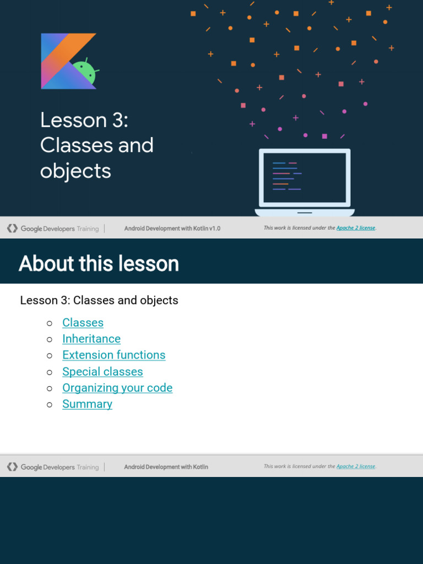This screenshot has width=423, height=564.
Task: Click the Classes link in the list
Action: pyautogui.click(x=83, y=323)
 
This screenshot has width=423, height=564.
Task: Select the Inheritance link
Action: pyautogui.click(x=91, y=339)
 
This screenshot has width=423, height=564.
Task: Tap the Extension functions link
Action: pyautogui.click(x=113, y=355)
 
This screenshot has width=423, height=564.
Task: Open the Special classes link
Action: pyautogui.click(x=102, y=372)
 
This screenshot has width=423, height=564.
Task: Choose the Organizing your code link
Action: pyautogui.click(x=117, y=388)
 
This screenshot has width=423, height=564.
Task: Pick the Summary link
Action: pyautogui.click(x=87, y=404)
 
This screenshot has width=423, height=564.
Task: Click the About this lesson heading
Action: pyautogui.click(x=99, y=264)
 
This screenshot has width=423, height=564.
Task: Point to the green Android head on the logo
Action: pyautogui.click(x=85, y=72)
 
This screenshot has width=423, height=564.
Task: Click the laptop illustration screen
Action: pyautogui.click(x=305, y=177)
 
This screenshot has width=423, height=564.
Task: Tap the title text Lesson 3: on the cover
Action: pyautogui.click(x=84, y=120)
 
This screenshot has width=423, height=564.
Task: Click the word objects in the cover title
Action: pyautogui.click(x=75, y=171)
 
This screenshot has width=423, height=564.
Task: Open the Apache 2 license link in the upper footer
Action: pyautogui.click(x=356, y=228)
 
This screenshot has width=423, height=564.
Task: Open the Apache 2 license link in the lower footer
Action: pyautogui.click(x=356, y=467)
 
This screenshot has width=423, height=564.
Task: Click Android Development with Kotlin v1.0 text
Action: pyautogui.click(x=172, y=229)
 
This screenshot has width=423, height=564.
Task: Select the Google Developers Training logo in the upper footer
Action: pyautogui.click(x=53, y=229)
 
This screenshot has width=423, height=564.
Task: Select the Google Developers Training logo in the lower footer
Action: pyautogui.click(x=53, y=467)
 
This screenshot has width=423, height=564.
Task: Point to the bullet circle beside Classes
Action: pyautogui.click(x=50, y=323)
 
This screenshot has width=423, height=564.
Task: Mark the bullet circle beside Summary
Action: pyautogui.click(x=50, y=405)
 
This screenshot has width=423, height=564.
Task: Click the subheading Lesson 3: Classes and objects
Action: pyautogui.click(x=99, y=300)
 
